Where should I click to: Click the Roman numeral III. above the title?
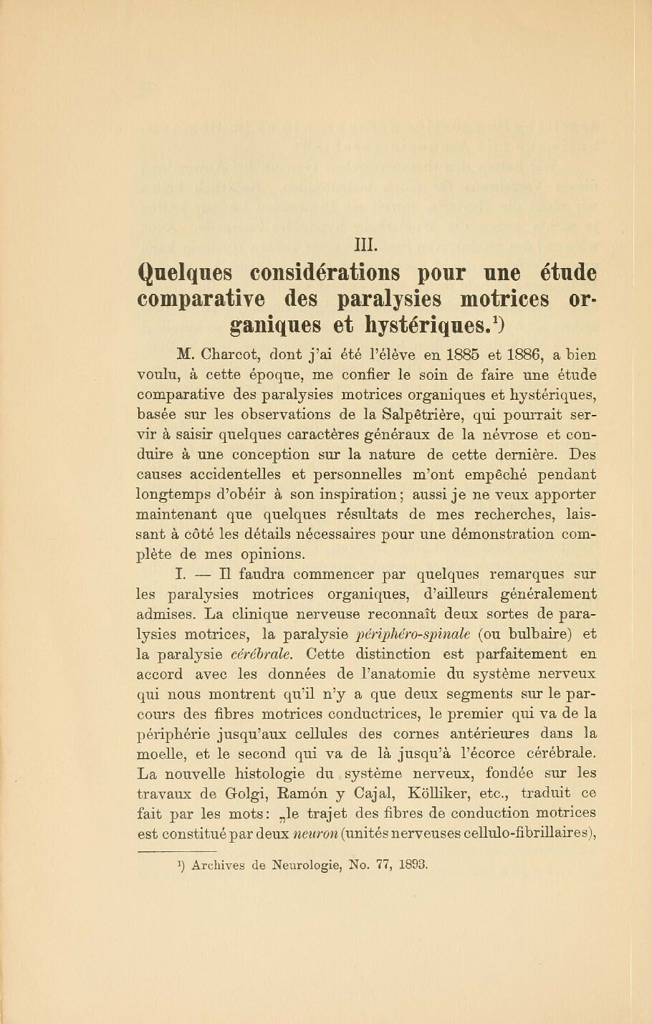click(366, 244)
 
